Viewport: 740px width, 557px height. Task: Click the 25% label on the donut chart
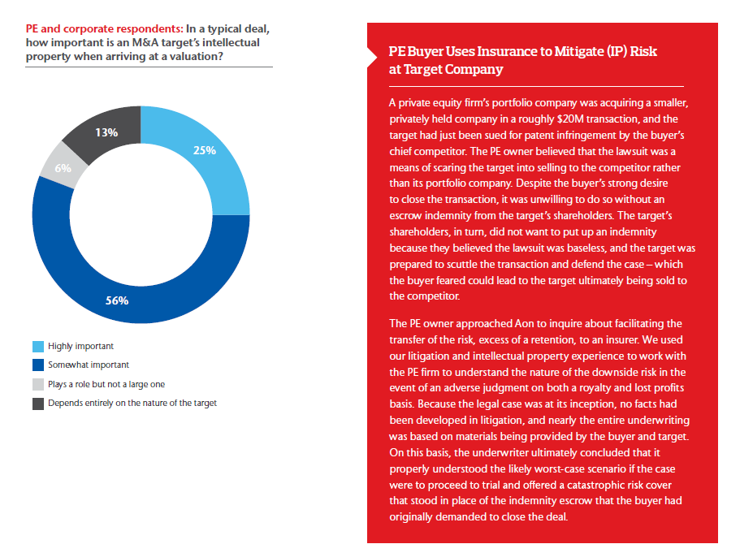click(205, 150)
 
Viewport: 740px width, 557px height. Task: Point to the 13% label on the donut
click(106, 132)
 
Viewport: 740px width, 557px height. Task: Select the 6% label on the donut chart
click(63, 168)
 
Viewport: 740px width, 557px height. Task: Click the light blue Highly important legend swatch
click(37, 347)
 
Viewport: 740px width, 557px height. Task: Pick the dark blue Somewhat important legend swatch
click(37, 365)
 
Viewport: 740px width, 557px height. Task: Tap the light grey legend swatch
click(37, 384)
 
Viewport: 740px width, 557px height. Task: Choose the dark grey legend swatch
click(37, 403)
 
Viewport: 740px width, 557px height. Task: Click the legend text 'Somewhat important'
click(89, 365)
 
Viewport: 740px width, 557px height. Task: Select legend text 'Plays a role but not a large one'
click(106, 384)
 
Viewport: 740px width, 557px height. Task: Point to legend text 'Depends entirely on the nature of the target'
click(132, 403)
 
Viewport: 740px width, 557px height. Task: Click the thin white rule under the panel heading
click(537, 86)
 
